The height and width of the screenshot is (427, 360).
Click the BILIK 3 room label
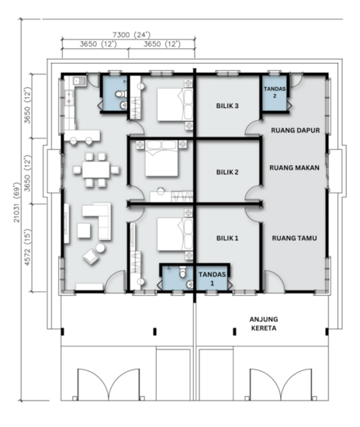click(227, 106)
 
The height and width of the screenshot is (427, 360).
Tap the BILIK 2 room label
click(227, 172)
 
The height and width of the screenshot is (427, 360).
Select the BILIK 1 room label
click(227, 239)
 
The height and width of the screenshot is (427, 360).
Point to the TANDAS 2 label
click(275, 92)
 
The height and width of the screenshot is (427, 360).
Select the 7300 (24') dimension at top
click(131, 34)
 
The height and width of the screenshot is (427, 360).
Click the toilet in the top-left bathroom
click(119, 95)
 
